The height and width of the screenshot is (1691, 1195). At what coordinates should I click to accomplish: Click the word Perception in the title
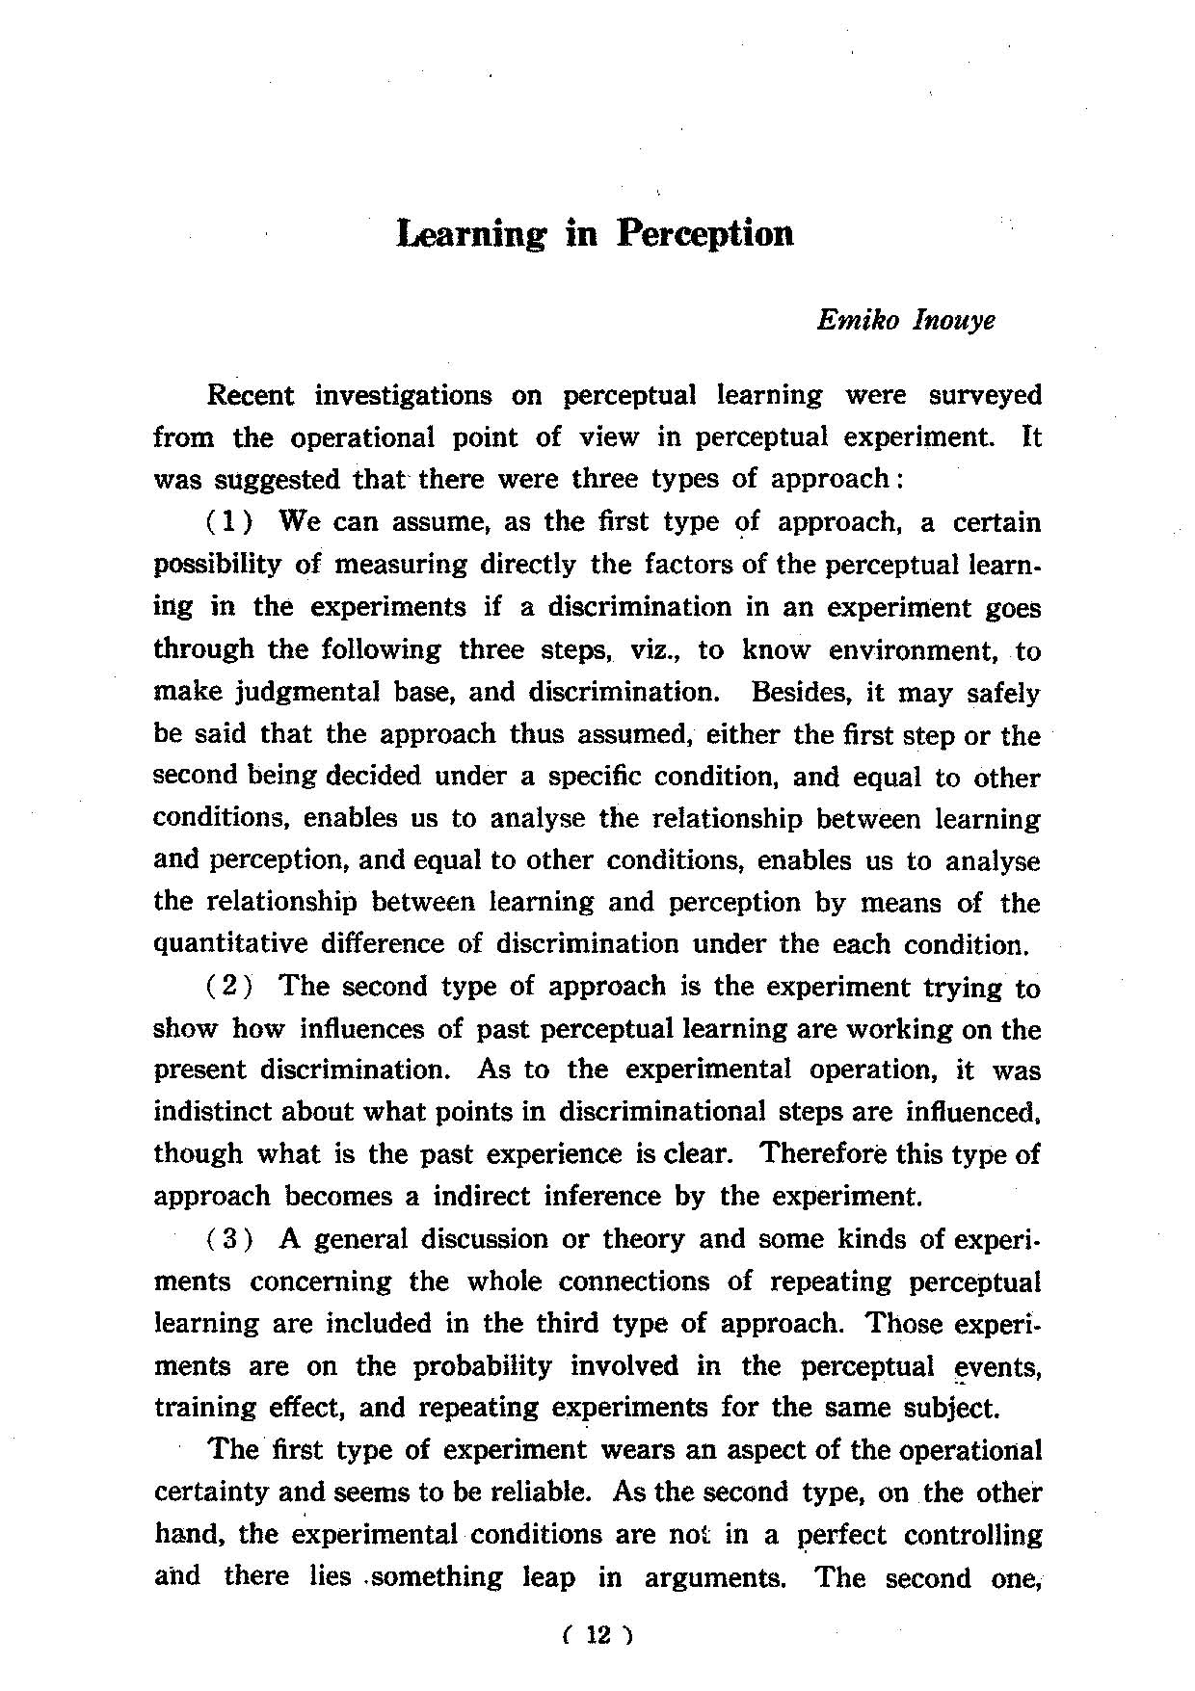pyautogui.click(x=705, y=234)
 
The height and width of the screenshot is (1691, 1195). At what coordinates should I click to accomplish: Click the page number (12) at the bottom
pyautogui.click(x=597, y=1634)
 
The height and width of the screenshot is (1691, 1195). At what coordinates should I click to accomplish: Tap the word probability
pyautogui.click(x=484, y=1366)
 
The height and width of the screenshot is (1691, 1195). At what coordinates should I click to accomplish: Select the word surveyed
pyautogui.click(x=985, y=396)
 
